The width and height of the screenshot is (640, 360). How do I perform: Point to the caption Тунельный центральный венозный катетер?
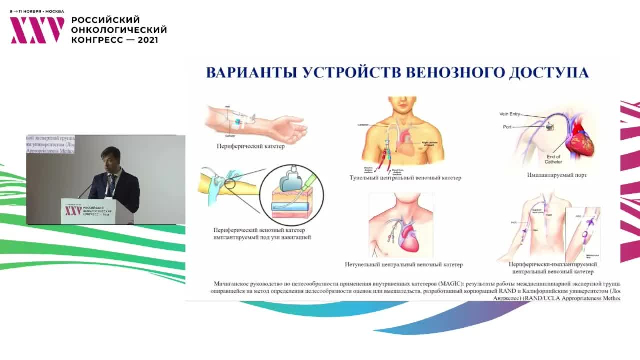click(x=405, y=178)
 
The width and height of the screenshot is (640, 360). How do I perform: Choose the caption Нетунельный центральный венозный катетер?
click(x=404, y=265)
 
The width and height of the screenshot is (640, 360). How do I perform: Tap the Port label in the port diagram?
click(x=507, y=127)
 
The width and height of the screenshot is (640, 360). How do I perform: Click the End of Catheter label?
click(x=553, y=159)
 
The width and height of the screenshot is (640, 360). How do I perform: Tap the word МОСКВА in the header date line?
click(x=54, y=11)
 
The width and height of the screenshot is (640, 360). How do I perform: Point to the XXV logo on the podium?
click(x=73, y=210)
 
